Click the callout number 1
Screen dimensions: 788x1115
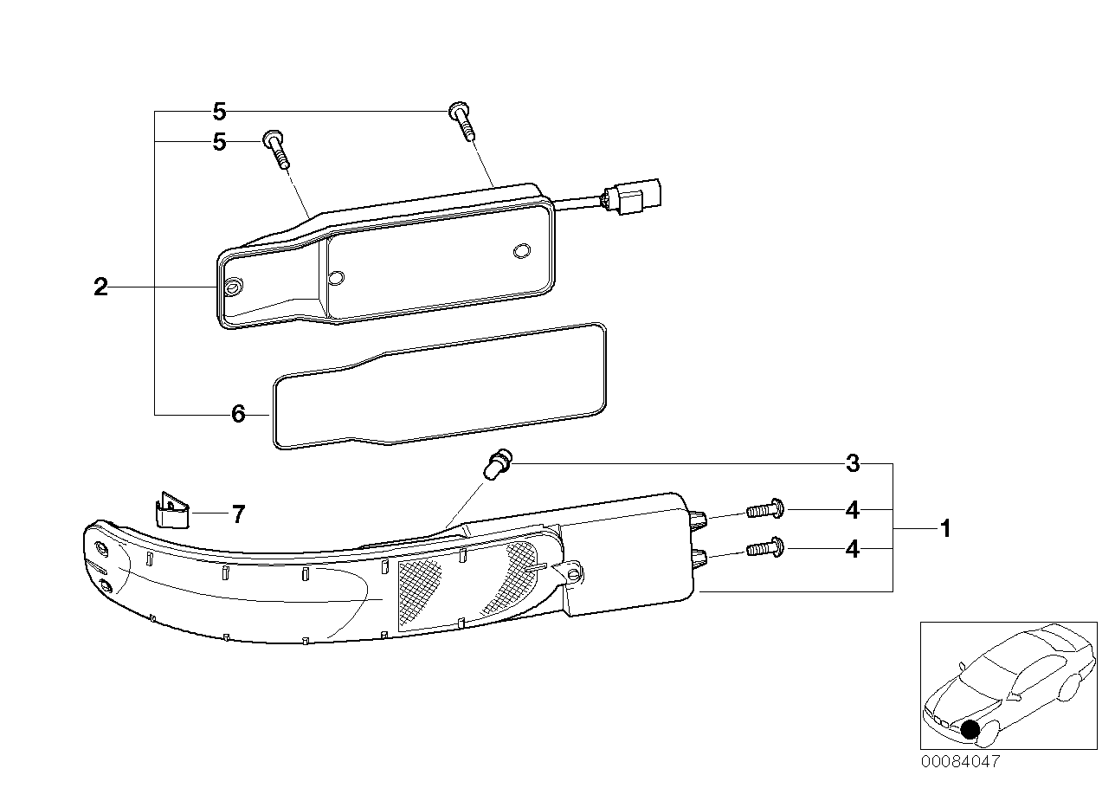point(945,528)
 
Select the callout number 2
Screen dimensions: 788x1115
point(101,287)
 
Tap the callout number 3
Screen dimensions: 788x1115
point(853,464)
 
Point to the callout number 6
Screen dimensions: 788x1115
point(239,415)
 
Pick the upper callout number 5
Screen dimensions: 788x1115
point(219,112)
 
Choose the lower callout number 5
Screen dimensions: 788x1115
point(219,141)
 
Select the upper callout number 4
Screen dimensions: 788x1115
point(853,511)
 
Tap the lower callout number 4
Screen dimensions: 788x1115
point(853,549)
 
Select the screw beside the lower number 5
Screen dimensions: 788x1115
point(277,149)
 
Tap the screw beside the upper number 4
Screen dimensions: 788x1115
point(764,511)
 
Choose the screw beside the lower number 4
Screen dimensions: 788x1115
point(764,548)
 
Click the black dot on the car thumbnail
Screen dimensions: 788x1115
point(970,730)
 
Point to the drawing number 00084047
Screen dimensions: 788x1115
point(960,762)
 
